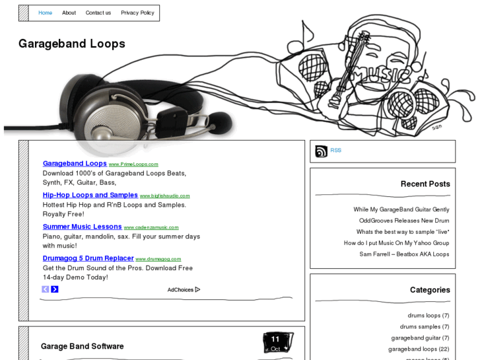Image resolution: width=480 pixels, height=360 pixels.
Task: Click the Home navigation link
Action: coord(45,13)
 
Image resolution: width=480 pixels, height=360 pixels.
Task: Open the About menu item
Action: coord(69,13)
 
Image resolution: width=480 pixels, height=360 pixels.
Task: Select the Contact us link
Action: coord(98,13)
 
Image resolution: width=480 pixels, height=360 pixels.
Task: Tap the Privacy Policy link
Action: coord(137,13)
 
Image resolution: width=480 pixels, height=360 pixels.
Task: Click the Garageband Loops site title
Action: coord(71,44)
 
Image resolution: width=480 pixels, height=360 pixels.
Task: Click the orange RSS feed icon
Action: coord(321,151)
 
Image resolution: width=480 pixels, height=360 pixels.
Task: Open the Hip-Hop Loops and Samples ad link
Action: coord(90,195)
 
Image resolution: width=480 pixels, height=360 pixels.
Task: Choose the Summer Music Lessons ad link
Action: coord(82,227)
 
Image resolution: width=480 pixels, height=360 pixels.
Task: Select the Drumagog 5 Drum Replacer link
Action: coord(88,258)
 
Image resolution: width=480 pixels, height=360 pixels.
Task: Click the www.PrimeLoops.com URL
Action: coord(133,164)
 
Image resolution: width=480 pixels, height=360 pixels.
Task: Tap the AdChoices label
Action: coord(183,289)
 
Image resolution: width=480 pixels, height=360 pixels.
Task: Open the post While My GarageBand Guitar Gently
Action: coord(401,209)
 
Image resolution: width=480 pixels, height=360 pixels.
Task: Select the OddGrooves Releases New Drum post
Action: coord(403,221)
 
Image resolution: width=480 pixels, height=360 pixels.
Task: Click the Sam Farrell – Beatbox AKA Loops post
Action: coord(404,254)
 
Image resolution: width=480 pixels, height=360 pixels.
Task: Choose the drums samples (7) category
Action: coord(424,326)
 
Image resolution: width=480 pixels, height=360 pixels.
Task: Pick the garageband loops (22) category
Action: coord(418,349)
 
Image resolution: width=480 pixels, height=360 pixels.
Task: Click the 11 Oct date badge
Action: coord(276,342)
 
